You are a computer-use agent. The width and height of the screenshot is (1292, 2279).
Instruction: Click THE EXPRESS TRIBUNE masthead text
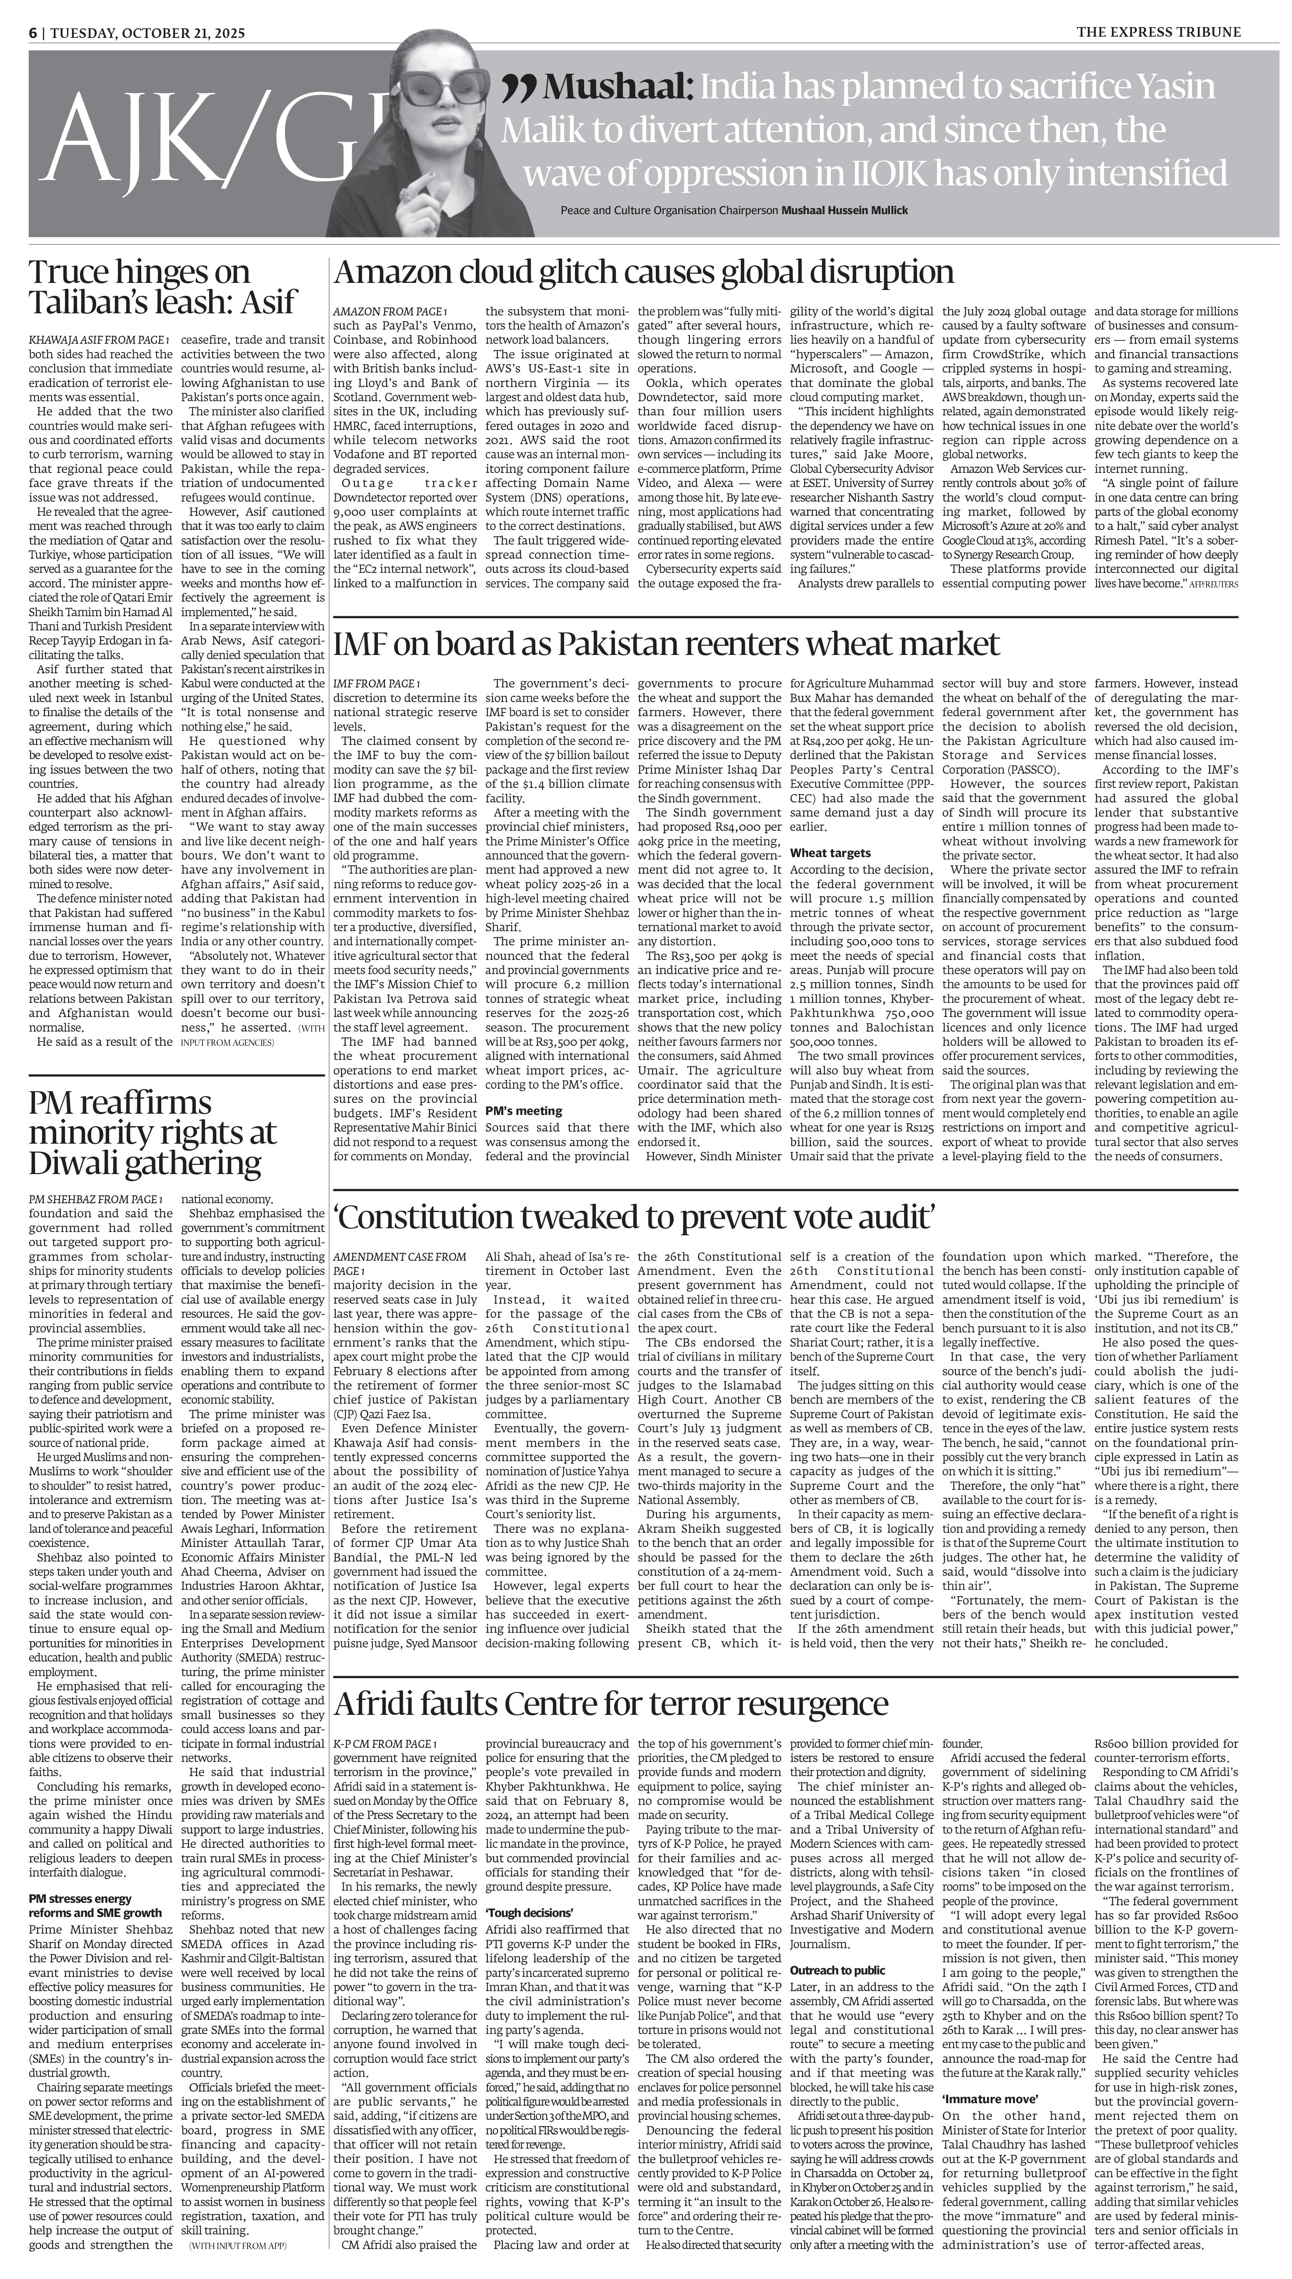pyautogui.click(x=1159, y=32)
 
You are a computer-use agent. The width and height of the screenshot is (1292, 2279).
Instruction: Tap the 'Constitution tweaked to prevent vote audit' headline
pyautogui.click(x=635, y=1218)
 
